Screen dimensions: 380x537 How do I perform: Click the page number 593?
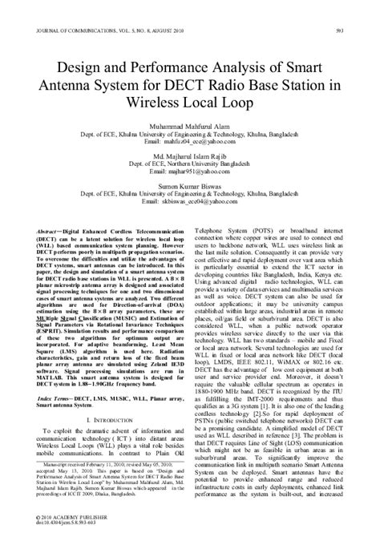(362, 10)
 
